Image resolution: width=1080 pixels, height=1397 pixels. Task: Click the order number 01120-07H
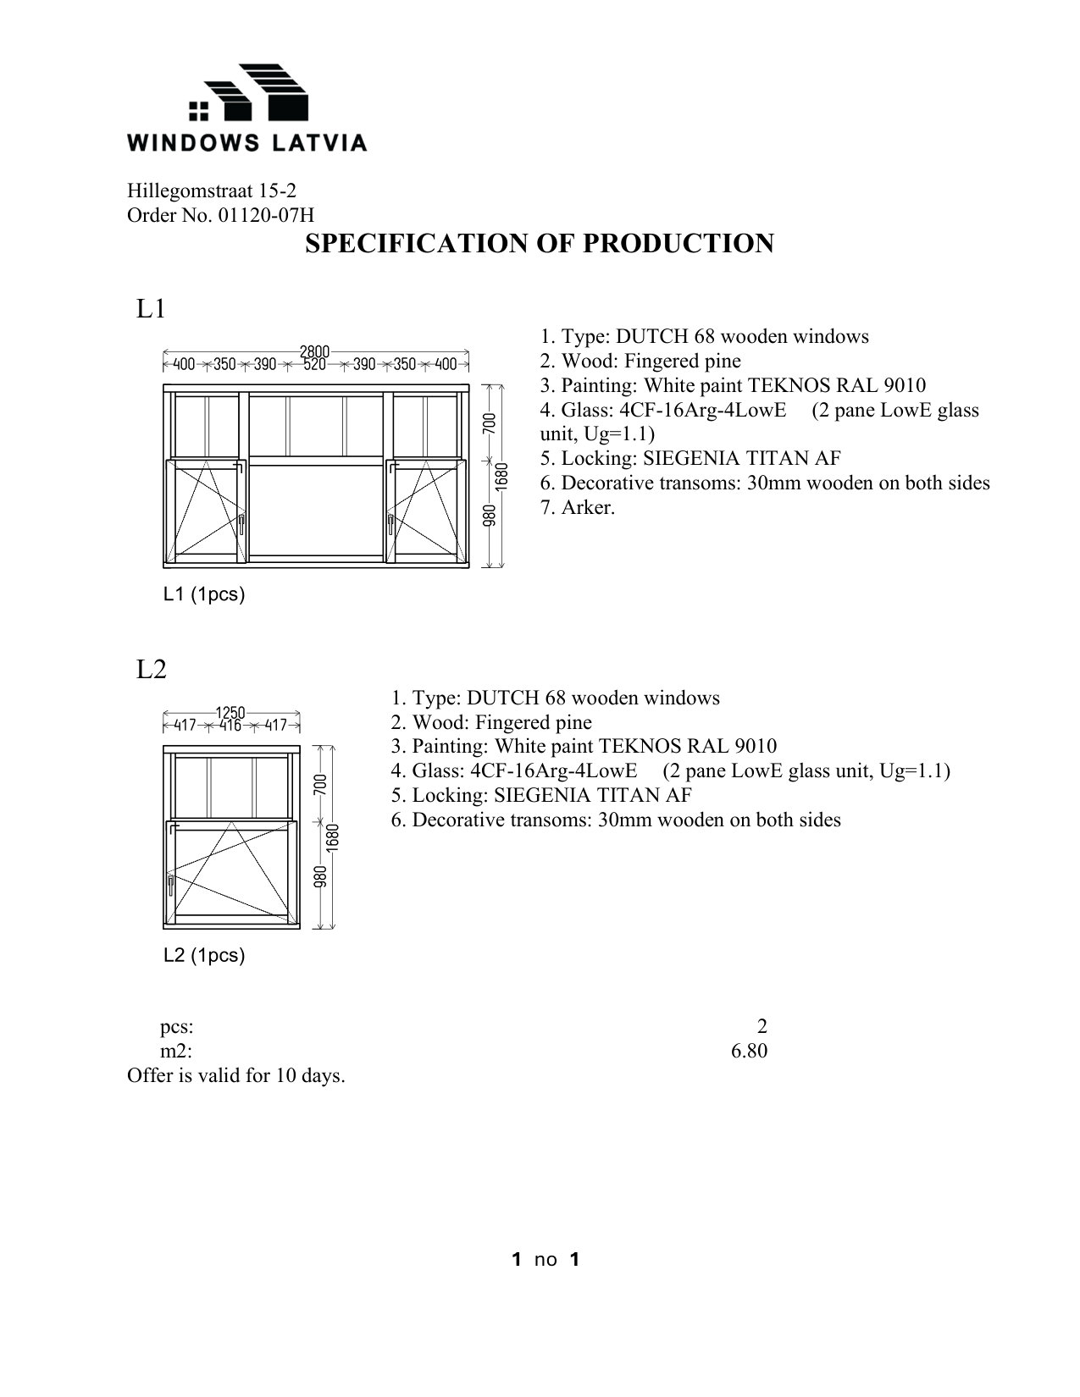(266, 216)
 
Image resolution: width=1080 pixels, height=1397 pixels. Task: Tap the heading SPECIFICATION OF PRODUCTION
(539, 244)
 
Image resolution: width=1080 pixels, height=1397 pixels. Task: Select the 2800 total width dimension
(314, 351)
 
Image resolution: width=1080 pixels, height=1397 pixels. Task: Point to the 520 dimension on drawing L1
(314, 365)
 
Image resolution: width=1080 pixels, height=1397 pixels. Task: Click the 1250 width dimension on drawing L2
(230, 713)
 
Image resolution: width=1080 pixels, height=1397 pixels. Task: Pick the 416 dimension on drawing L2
(230, 726)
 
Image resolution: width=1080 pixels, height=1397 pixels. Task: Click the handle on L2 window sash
(171, 886)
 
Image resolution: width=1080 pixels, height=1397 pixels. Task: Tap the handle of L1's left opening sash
(242, 526)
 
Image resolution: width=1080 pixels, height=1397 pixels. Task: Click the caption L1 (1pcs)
(204, 594)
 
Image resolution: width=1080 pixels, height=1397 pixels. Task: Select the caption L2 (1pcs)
(204, 956)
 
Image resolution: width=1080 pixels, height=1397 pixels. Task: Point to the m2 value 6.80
(749, 1052)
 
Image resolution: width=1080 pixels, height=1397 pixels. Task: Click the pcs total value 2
(762, 1027)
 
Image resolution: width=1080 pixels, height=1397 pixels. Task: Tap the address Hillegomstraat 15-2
(211, 191)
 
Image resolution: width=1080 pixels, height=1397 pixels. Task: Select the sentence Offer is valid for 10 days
(236, 1076)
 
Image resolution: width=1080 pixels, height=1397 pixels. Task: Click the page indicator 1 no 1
(546, 1260)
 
